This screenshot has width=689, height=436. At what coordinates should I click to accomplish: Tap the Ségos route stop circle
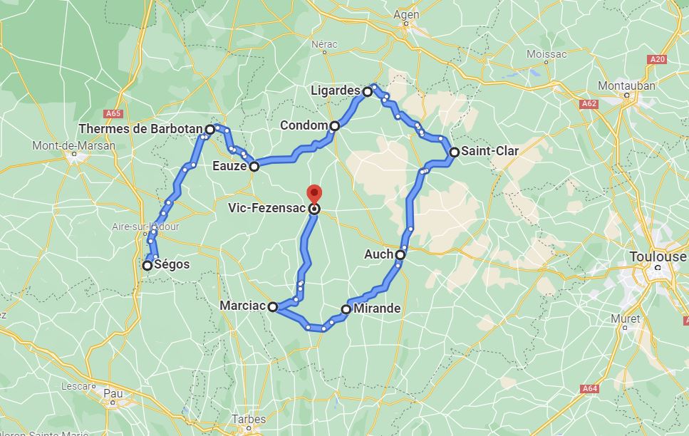pyautogui.click(x=147, y=266)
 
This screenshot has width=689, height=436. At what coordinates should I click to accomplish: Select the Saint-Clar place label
pyautogui.click(x=489, y=151)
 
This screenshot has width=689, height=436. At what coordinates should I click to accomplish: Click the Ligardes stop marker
pyautogui.click(x=368, y=91)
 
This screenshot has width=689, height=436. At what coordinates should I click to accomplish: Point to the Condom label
pyautogui.click(x=304, y=125)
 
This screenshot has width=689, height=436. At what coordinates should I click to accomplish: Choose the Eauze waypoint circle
pyautogui.click(x=254, y=167)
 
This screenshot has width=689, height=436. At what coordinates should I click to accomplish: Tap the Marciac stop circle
pyautogui.click(x=272, y=306)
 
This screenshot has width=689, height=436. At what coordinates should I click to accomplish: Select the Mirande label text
pyautogui.click(x=377, y=309)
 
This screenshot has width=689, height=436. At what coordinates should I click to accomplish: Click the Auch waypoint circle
pyautogui.click(x=400, y=254)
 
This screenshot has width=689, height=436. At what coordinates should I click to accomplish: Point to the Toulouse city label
pyautogui.click(x=658, y=256)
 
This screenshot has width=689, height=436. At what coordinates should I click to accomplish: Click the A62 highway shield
pyautogui.click(x=589, y=103)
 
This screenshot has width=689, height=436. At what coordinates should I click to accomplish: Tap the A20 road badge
pyautogui.click(x=657, y=59)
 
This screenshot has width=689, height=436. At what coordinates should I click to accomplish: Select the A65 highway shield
pyautogui.click(x=113, y=113)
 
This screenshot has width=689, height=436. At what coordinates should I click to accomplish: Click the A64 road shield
pyautogui.click(x=589, y=388)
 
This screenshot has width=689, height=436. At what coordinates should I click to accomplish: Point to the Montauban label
pyautogui.click(x=626, y=85)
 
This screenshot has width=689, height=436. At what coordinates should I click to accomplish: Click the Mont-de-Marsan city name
pyautogui.click(x=73, y=145)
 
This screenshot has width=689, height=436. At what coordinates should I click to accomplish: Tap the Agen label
pyautogui.click(x=406, y=14)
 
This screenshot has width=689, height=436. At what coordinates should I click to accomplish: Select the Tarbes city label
pyautogui.click(x=249, y=419)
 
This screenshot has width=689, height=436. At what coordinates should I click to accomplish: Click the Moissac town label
pyautogui.click(x=546, y=54)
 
